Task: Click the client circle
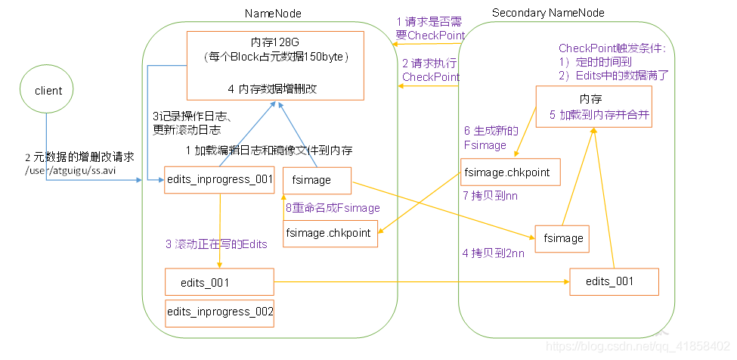click(48, 90)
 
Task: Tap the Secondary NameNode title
click(548, 13)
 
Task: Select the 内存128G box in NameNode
click(276, 65)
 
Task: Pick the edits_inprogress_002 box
click(220, 311)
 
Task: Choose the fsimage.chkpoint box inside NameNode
click(329, 233)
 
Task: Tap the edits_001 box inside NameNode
click(219, 282)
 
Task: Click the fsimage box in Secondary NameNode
click(563, 237)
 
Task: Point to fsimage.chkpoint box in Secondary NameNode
click(510, 172)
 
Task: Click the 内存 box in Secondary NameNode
click(594, 106)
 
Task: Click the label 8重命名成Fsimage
click(333, 208)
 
